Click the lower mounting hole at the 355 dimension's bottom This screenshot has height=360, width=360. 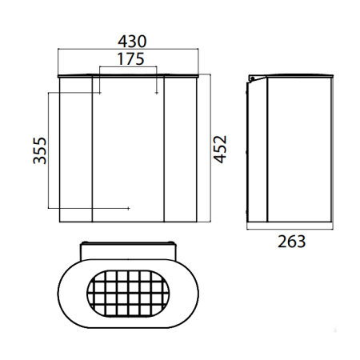[129, 209]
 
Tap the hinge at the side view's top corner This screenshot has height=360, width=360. [253, 78]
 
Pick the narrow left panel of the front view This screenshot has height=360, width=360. [77, 148]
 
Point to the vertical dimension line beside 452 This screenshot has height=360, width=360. [209, 148]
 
